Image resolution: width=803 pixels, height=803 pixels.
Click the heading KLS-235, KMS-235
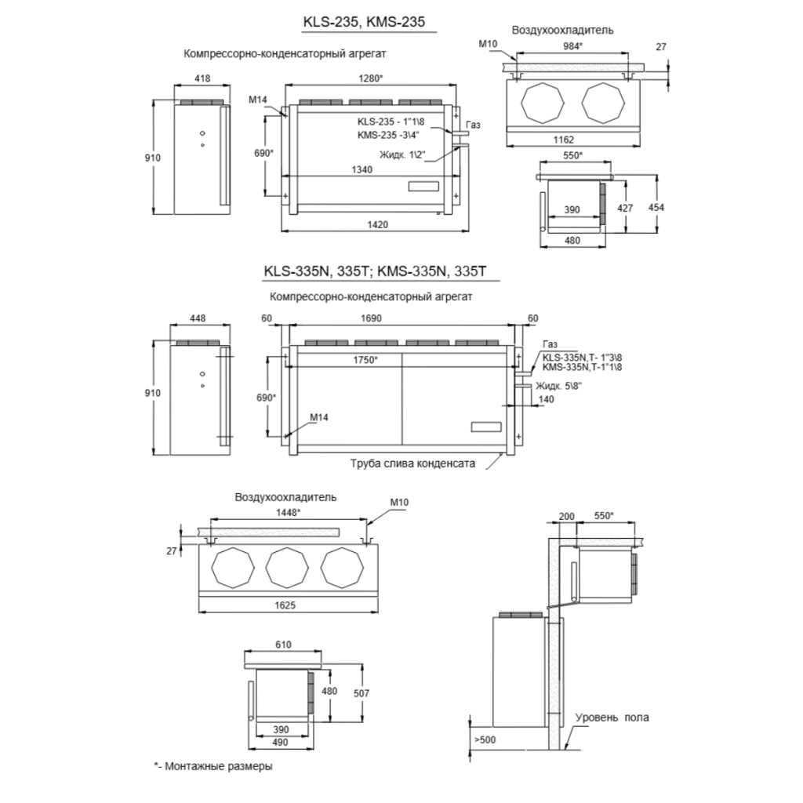[364, 21]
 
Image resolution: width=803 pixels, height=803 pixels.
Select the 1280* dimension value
[370, 78]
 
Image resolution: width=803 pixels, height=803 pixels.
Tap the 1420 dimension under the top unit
[378, 224]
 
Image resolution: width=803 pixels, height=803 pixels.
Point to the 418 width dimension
[202, 78]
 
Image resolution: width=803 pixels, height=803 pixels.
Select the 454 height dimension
[656, 207]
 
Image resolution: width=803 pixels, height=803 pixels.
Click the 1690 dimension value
[371, 318]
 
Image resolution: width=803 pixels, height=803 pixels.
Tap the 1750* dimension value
[365, 360]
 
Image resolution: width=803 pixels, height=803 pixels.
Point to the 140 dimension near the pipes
[547, 399]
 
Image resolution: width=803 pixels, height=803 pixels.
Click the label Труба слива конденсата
[412, 463]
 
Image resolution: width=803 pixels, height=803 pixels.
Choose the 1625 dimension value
[285, 605]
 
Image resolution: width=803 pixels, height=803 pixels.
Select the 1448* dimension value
[288, 512]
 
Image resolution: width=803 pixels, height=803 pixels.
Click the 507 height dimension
[361, 693]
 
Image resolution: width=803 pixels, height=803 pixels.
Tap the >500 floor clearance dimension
[485, 740]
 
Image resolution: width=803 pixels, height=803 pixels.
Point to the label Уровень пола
[612, 718]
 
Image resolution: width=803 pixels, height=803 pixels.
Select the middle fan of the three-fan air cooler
[287, 568]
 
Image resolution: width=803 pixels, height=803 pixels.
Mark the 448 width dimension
[198, 318]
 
